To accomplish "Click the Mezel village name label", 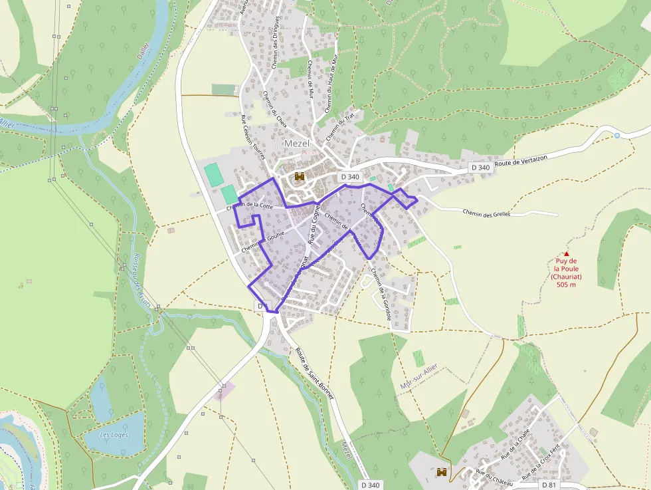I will [x=297, y=144].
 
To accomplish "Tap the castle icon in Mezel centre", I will [x=300, y=177].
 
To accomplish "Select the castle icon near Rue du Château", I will [x=442, y=473].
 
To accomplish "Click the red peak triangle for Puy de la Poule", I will [x=566, y=253].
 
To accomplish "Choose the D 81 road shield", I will [x=549, y=485].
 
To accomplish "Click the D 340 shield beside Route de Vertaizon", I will [x=480, y=168].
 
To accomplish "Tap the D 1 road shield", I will [x=262, y=306].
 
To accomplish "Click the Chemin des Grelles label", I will [x=487, y=213].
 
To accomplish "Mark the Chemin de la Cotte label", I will [x=250, y=206].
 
